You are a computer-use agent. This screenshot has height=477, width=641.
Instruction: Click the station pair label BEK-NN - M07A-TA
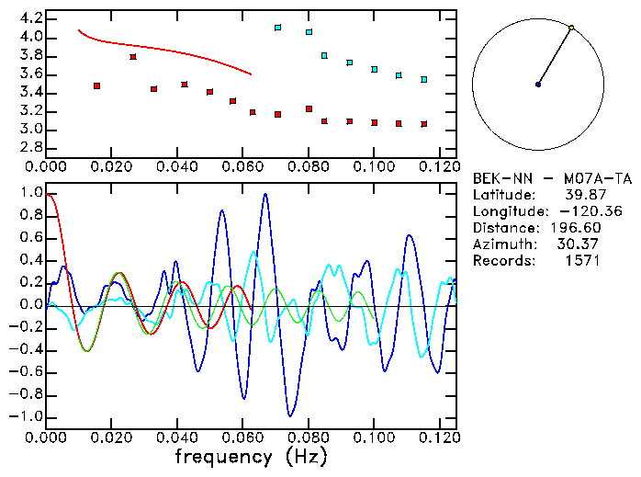551,178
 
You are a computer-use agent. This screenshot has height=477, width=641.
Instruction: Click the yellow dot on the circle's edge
571,28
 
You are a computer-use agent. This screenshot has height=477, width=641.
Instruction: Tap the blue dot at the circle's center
538,85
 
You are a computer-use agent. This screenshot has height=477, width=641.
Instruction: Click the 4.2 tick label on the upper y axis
30,18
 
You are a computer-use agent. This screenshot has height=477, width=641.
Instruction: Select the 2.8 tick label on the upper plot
30,147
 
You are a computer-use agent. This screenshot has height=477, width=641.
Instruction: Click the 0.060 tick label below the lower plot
242,437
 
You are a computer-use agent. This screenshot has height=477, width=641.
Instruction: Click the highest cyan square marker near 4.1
277,28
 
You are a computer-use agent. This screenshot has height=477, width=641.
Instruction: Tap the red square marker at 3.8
133,57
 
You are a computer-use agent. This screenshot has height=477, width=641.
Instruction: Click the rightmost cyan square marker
423,80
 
